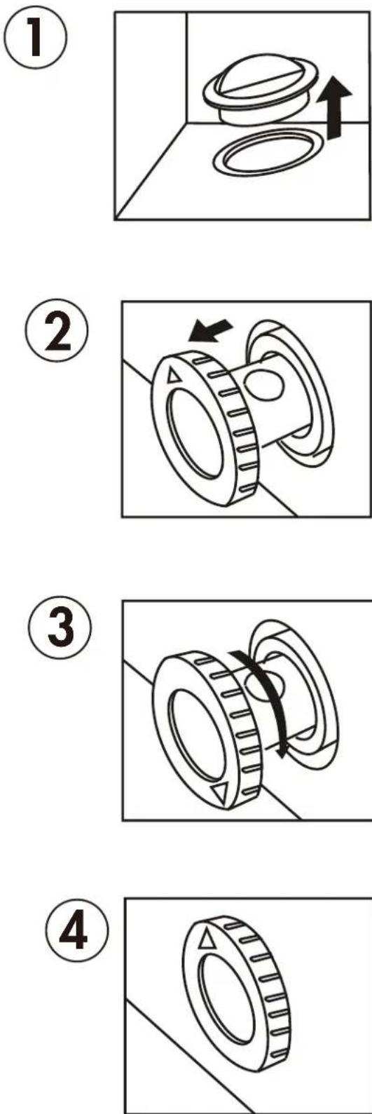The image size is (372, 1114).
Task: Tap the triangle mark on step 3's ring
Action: click(x=222, y=794)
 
